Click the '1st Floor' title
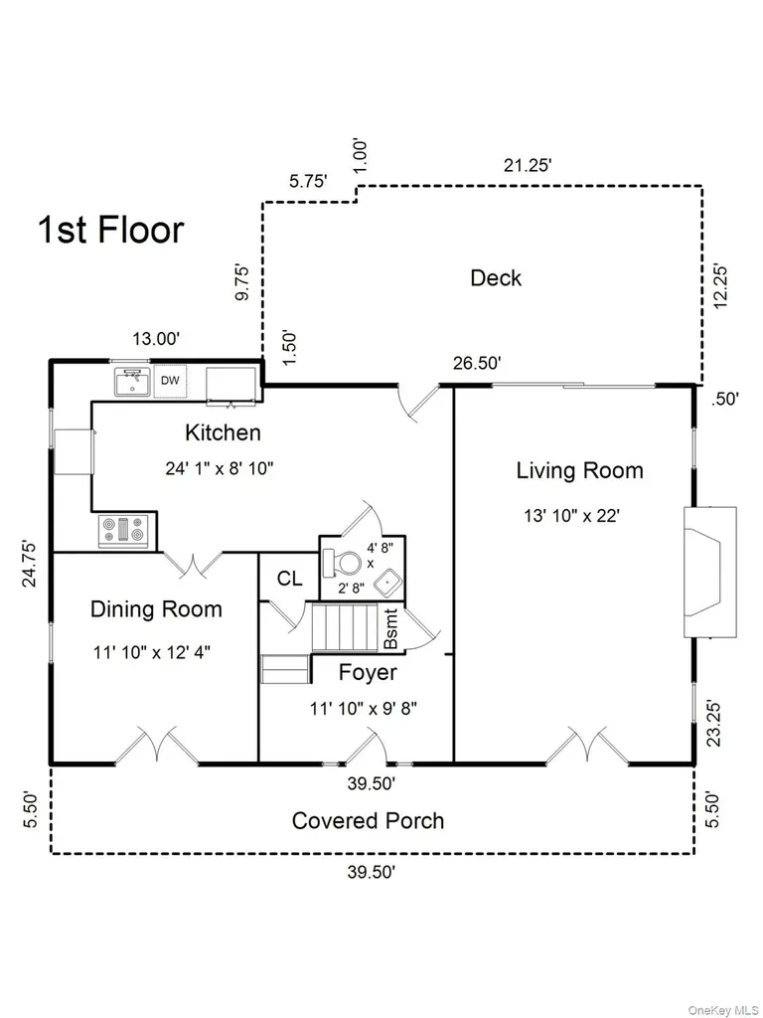(111, 230)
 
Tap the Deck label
(496, 278)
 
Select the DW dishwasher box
(170, 381)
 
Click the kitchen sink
(132, 382)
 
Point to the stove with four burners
(123, 531)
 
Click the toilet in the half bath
(343, 563)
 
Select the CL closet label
(289, 578)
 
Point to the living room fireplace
(709, 572)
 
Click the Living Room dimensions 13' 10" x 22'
(572, 516)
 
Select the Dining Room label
(156, 609)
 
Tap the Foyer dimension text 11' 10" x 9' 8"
(364, 708)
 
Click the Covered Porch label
(368, 820)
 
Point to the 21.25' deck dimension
(528, 166)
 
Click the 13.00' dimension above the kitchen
(156, 338)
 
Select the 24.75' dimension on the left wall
(30, 564)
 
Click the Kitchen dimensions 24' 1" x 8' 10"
(220, 469)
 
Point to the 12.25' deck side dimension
(720, 285)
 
